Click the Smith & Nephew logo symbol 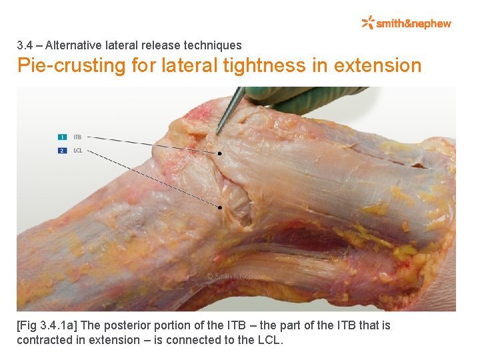click(x=368, y=23)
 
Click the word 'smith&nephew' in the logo click(x=414, y=24)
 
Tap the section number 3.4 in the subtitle click(x=25, y=46)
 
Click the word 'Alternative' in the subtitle click(x=75, y=46)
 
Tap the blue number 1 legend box click(x=61, y=137)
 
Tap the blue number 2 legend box click(x=61, y=150)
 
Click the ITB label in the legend click(x=77, y=137)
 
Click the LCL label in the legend click(x=78, y=150)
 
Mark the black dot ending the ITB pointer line click(x=220, y=153)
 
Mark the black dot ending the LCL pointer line click(x=220, y=207)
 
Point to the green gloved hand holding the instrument click(x=300, y=98)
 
